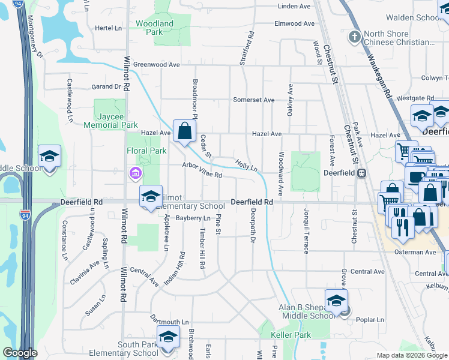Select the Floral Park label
click(146, 151)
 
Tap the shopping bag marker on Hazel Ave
click(185, 130)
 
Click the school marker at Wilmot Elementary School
click(151, 196)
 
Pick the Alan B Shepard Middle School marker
click(336, 301)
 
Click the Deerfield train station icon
click(362, 173)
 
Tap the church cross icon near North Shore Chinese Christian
click(355, 37)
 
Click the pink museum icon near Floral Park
click(135, 174)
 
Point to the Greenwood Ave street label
click(157, 64)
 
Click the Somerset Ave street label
click(253, 100)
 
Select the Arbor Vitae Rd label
click(203, 171)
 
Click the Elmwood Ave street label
click(294, 24)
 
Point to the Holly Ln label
click(246, 164)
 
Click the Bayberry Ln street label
click(193, 218)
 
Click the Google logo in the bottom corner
click(20, 353)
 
